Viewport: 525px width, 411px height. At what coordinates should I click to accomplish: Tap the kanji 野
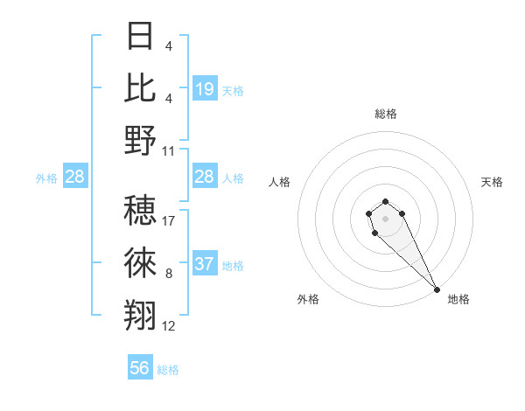point(140,141)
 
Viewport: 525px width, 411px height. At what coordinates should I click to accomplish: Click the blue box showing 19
point(204,89)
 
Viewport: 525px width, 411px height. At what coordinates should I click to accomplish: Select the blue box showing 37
point(204,264)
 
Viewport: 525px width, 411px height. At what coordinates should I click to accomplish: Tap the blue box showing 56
point(140,368)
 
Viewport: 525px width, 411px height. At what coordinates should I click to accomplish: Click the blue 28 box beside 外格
point(74,178)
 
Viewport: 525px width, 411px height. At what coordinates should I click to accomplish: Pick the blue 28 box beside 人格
point(204,178)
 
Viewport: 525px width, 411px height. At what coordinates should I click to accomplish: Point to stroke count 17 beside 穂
point(169,221)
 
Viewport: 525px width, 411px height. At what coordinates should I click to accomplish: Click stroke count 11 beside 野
point(169,151)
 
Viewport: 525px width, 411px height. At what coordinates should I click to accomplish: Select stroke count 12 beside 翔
point(169,326)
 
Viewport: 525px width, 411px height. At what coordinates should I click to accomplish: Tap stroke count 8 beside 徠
point(169,274)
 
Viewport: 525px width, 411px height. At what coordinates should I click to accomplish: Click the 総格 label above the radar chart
point(385,114)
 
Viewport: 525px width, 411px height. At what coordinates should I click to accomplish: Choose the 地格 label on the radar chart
point(458,299)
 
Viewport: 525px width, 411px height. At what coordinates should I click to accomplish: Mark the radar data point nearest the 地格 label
point(437,289)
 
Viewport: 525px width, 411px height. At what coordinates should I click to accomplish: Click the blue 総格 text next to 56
point(168,370)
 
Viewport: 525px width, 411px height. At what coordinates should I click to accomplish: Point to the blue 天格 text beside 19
point(233,91)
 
